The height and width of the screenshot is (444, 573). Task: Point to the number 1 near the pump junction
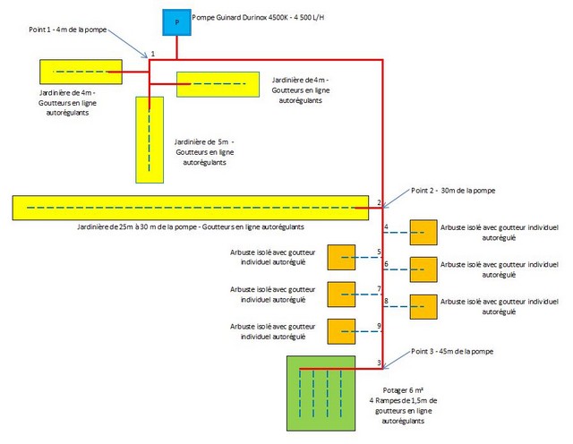coord(153,54)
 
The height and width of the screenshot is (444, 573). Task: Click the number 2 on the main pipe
coord(380,202)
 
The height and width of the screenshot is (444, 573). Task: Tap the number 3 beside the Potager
coord(380,362)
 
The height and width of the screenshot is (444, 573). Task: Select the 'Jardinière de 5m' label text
coord(203,141)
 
